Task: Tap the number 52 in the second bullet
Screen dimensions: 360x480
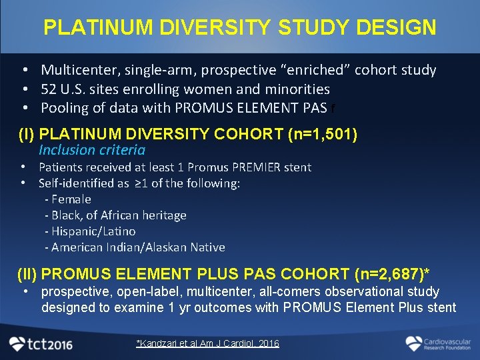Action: coord(50,89)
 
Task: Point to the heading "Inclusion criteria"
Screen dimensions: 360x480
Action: coord(91,150)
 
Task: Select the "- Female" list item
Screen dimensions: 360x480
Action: coord(67,199)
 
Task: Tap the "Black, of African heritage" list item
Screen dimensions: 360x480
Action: coord(115,215)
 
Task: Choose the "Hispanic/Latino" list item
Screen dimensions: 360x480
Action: coord(90,231)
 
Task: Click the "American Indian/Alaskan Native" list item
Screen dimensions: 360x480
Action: coord(135,247)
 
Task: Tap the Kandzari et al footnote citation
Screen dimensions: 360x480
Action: coord(207,343)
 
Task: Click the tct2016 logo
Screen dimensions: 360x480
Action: coord(41,343)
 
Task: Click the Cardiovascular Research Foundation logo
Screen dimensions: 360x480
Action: coord(437,343)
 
